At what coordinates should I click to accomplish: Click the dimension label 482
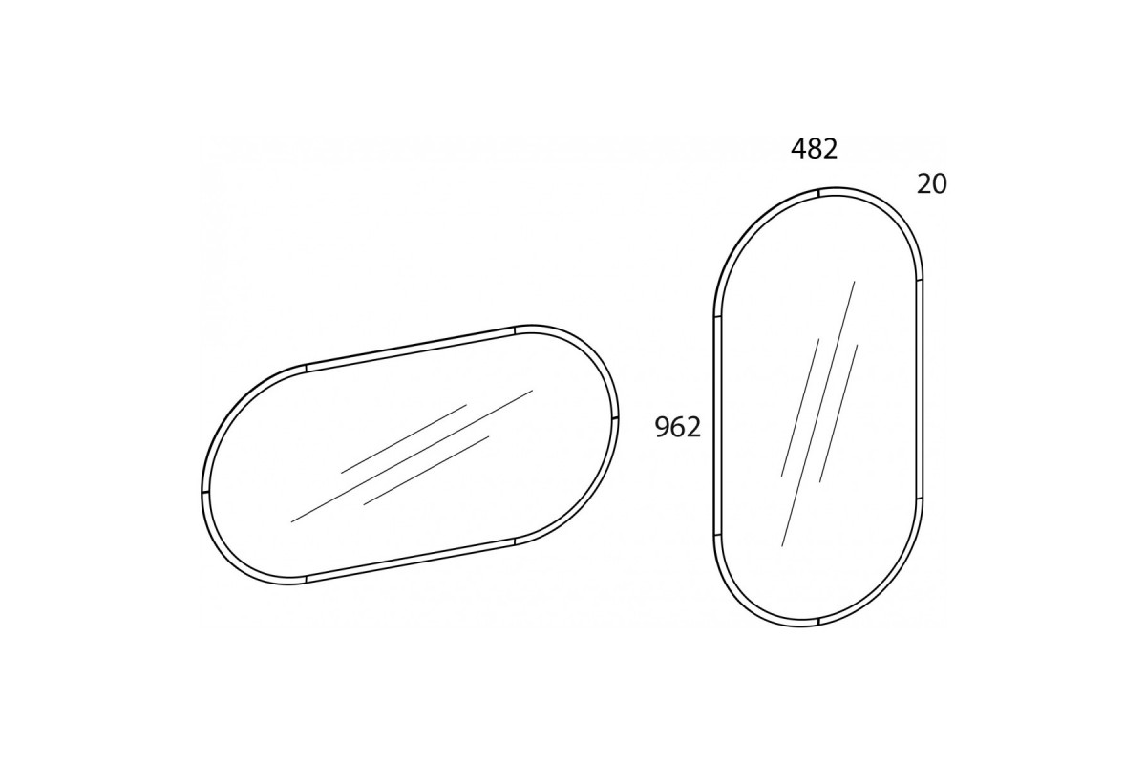(814, 149)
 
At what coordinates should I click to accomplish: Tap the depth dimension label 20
(932, 184)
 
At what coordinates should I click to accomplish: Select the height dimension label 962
(678, 427)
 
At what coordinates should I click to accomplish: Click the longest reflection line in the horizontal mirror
(412, 456)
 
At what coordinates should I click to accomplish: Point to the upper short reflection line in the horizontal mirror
(404, 439)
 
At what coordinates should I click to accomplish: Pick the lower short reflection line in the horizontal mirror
(426, 470)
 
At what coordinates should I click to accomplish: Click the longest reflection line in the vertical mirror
(818, 414)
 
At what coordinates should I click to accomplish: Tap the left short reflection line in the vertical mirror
(800, 408)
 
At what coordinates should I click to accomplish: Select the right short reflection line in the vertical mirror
(838, 414)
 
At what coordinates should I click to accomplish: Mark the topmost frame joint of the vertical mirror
(818, 193)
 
